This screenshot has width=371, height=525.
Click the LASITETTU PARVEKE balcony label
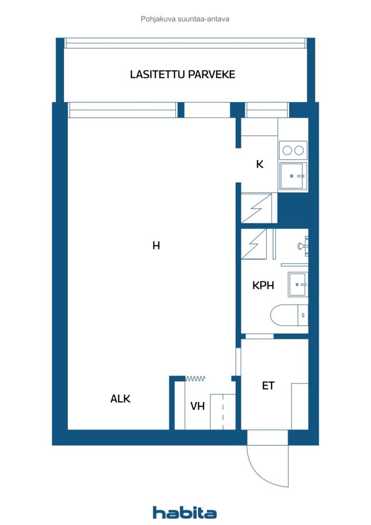(x=182, y=74)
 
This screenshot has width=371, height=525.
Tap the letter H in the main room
(x=156, y=246)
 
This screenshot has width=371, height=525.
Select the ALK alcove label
(x=120, y=398)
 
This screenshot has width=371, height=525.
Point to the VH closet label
(x=197, y=406)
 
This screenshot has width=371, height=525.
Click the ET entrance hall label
(x=268, y=386)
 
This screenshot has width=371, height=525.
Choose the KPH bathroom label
(x=263, y=286)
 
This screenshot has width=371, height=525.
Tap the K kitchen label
(x=260, y=165)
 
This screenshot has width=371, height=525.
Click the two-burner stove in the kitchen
(x=293, y=150)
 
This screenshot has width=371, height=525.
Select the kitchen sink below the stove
(x=293, y=176)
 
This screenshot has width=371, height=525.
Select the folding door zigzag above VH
(x=195, y=378)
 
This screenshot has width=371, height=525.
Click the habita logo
(x=185, y=512)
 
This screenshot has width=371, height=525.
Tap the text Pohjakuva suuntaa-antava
(x=185, y=19)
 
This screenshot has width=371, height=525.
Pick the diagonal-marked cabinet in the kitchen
(x=259, y=208)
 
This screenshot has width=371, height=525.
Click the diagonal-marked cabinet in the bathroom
(x=255, y=245)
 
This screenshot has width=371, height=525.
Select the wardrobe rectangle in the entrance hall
(x=299, y=406)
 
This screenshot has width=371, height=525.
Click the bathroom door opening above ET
(x=259, y=336)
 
